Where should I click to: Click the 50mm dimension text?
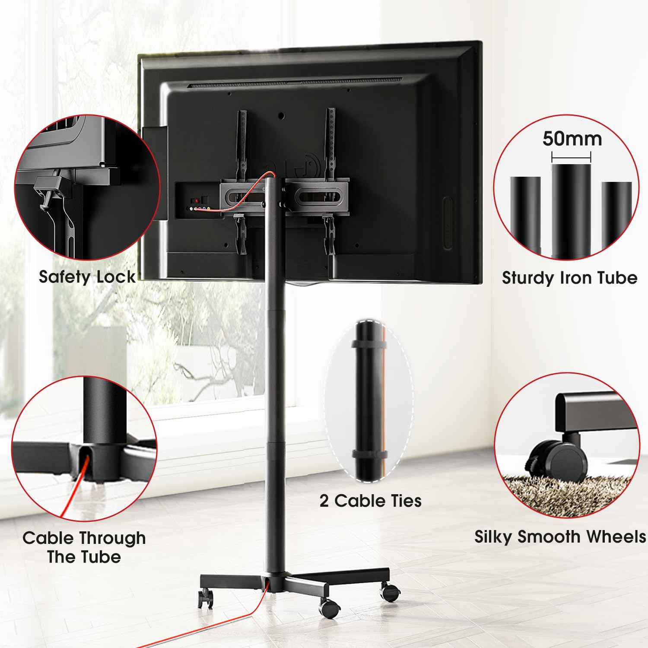point(572,139)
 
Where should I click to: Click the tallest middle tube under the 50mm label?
point(571,207)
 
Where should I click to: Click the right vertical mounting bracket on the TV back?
point(331,143)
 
